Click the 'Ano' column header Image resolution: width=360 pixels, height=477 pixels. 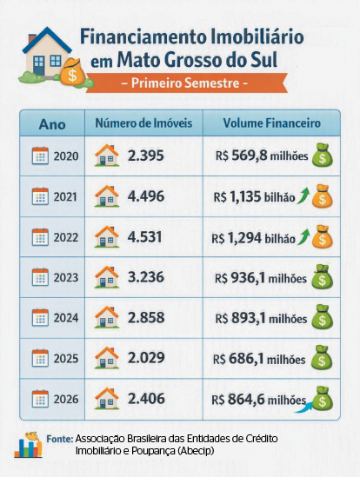52,124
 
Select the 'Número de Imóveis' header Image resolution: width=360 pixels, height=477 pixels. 143,123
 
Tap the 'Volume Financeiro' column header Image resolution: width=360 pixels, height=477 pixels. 271,123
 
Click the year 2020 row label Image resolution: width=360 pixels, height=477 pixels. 66,156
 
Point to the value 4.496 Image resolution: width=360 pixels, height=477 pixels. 146,196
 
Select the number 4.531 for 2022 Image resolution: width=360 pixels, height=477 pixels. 144,237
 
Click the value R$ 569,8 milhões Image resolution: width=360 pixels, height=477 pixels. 262,156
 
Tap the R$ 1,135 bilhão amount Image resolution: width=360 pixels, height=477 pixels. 254,197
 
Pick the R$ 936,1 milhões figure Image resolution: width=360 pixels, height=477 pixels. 261,278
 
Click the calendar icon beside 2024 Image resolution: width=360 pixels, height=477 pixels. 40,317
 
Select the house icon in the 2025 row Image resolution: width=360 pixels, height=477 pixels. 107,358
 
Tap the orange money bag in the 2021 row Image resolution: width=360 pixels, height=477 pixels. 323,196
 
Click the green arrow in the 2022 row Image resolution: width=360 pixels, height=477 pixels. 303,237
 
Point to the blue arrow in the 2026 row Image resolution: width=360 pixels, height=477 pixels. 303,407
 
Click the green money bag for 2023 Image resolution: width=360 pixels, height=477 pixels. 323,277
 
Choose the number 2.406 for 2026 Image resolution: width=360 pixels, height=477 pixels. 146,399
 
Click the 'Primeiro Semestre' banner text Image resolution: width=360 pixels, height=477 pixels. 184,83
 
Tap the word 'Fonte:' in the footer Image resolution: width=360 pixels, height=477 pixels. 60,439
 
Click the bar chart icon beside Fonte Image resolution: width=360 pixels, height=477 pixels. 28,445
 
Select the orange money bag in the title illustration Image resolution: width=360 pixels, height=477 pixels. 72,72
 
